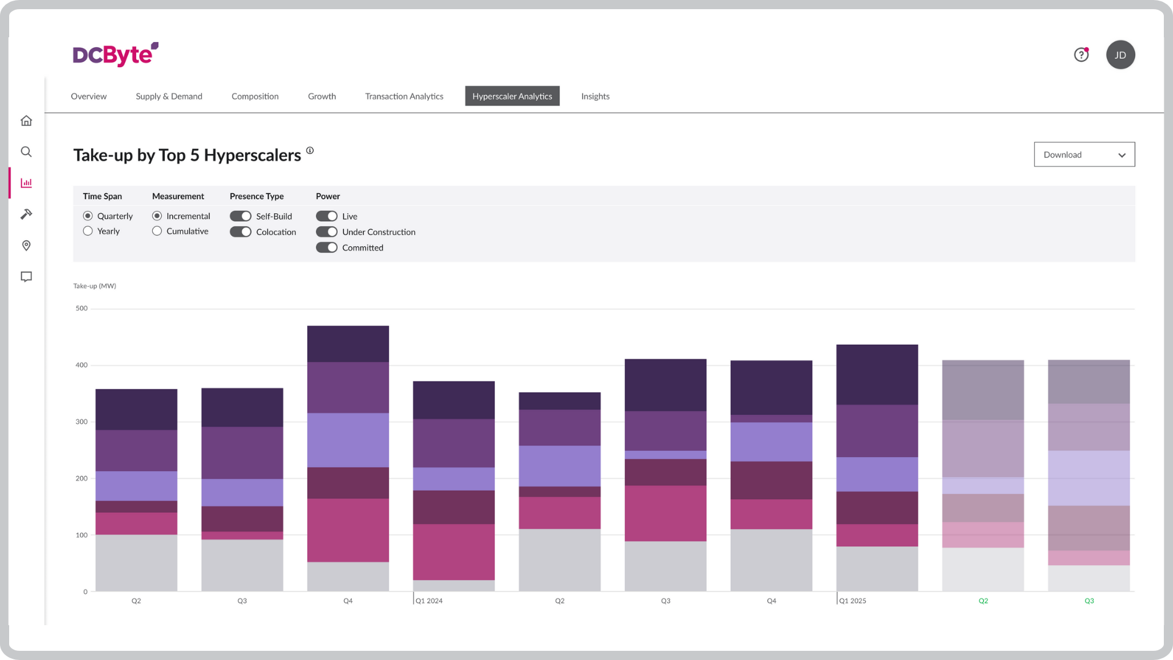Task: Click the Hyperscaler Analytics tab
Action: [x=512, y=96]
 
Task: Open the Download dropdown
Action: [x=1084, y=155]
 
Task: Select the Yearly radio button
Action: [x=88, y=231]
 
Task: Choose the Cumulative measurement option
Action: [x=157, y=231]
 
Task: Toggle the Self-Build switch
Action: [x=241, y=216]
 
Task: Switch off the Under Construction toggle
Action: [x=326, y=232]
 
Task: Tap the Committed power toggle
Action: [x=326, y=248]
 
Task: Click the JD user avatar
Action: [x=1120, y=55]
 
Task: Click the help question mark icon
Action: [x=1081, y=55]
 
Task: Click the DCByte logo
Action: [x=115, y=54]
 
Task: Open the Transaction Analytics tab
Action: [x=404, y=96]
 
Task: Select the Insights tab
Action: [x=595, y=96]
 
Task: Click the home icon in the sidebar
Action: [x=26, y=120]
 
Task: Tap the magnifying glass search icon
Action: [x=26, y=152]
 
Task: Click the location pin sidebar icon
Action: [x=26, y=245]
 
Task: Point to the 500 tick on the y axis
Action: [x=81, y=308]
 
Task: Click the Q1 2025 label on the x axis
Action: [x=852, y=601]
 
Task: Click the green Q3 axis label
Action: [x=1089, y=601]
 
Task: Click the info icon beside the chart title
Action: [x=310, y=150]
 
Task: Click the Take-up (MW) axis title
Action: [x=95, y=285]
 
